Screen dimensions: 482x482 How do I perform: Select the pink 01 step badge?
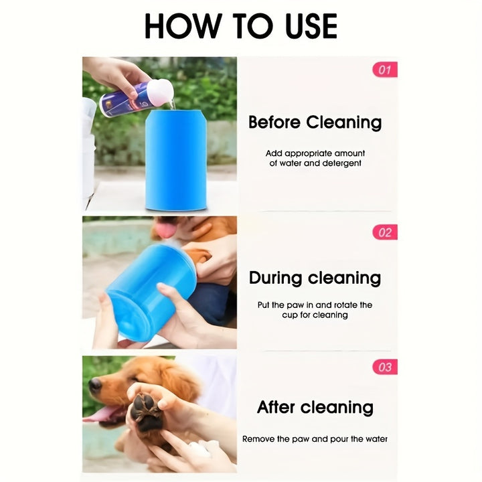(385, 69)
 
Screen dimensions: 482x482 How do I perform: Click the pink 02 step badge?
(385, 232)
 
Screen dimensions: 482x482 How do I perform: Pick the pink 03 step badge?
(385, 367)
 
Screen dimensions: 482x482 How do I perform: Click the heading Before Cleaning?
(315, 123)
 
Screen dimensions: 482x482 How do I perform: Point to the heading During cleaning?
(315, 278)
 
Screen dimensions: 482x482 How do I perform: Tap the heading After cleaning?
(315, 407)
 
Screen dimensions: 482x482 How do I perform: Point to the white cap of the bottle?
(161, 93)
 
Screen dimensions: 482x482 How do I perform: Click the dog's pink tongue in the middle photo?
(163, 230)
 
